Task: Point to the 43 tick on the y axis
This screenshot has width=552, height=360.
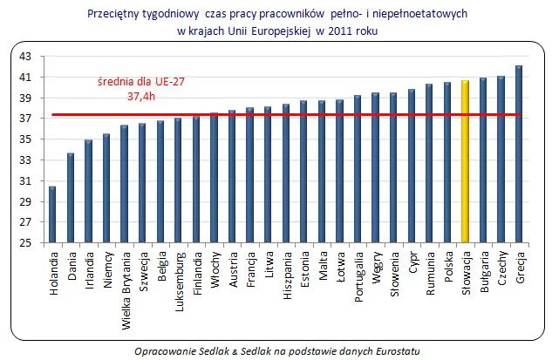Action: [x=24, y=57]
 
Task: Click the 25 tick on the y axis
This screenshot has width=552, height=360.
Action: [x=24, y=243]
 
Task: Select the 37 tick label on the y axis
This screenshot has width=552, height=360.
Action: [x=24, y=119]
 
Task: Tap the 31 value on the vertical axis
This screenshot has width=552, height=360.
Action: [x=24, y=181]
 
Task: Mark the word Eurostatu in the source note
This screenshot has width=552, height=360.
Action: [x=394, y=350]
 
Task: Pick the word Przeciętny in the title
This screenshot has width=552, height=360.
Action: [x=117, y=14]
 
